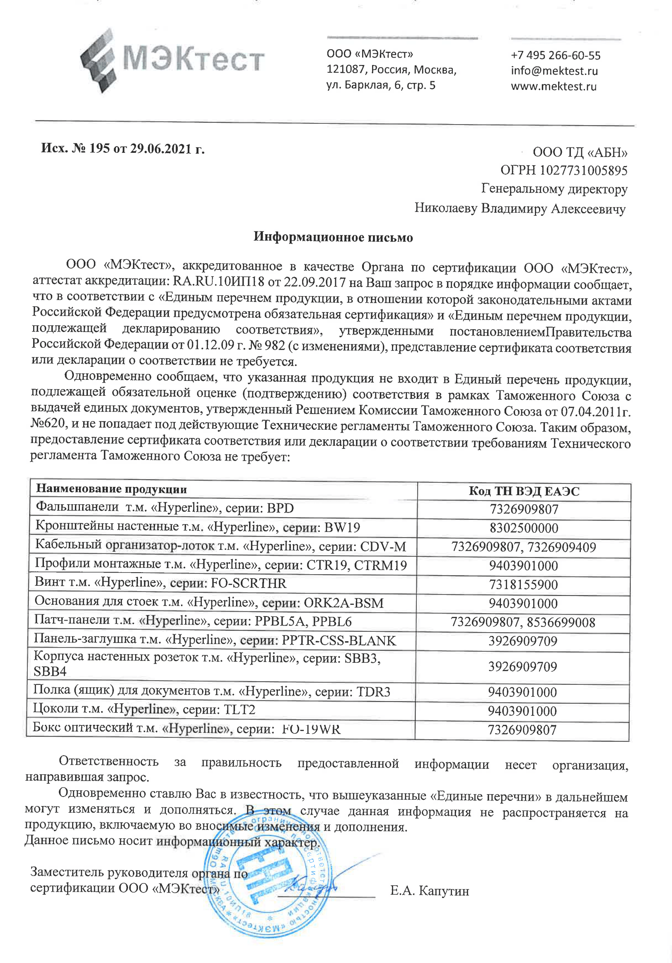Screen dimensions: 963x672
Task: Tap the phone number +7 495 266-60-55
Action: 555,55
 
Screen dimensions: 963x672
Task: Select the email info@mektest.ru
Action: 554,71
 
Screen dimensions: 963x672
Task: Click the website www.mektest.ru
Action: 553,87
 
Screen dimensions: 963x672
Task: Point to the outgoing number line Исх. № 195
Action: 123,149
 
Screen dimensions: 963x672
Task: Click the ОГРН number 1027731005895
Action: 563,170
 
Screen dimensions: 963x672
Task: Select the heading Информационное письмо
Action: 333,237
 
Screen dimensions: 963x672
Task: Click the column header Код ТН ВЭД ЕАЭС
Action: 523,491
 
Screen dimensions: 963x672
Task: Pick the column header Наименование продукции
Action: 111,489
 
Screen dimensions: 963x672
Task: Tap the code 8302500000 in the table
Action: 523,528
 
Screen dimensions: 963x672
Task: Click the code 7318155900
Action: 523,585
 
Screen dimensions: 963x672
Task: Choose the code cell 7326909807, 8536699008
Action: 522,622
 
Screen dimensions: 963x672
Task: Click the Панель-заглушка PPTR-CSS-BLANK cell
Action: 215,640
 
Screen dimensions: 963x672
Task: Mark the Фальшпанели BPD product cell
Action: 164,508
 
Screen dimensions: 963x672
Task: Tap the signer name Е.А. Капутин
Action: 429,891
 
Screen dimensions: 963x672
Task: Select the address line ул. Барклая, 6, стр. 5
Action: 381,86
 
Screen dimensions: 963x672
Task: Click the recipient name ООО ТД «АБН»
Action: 580,152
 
